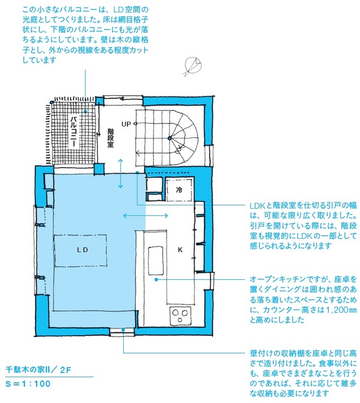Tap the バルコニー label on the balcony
click(74, 132)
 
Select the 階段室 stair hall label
click(110, 138)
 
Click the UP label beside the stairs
click(126, 124)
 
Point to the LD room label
click(83, 250)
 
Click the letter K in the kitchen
click(180, 249)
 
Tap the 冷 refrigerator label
click(179, 190)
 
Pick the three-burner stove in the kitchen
click(181, 315)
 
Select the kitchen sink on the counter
click(156, 261)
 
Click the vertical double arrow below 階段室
click(120, 173)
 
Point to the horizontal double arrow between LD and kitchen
click(146, 216)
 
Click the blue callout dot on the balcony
click(85, 111)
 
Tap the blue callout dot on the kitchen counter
click(156, 279)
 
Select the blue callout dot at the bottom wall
click(124, 330)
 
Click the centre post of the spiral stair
click(169, 138)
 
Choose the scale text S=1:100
click(28, 384)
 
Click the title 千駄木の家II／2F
click(38, 370)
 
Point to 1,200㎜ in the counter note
click(340, 310)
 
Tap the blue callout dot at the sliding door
click(137, 172)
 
